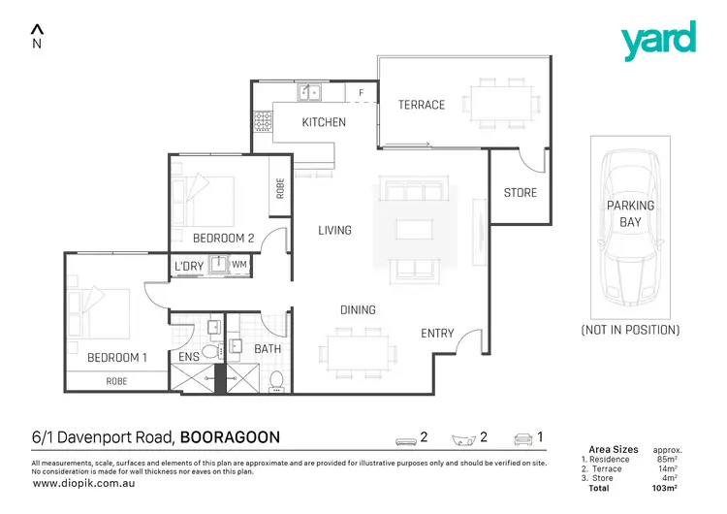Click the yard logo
pyautogui.click(x=659, y=41)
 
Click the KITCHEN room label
pyautogui.click(x=324, y=122)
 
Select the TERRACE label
pyautogui.click(x=422, y=105)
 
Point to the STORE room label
pyautogui.click(x=521, y=193)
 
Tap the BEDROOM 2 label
pyautogui.click(x=223, y=238)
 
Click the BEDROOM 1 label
pyautogui.click(x=116, y=358)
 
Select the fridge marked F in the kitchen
pyautogui.click(x=361, y=93)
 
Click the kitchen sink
pyautogui.click(x=311, y=92)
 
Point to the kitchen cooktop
pyautogui.click(x=263, y=123)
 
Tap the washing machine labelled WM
pyautogui.click(x=238, y=265)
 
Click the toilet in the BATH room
pyautogui.click(x=275, y=379)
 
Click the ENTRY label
pyautogui.click(x=437, y=334)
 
